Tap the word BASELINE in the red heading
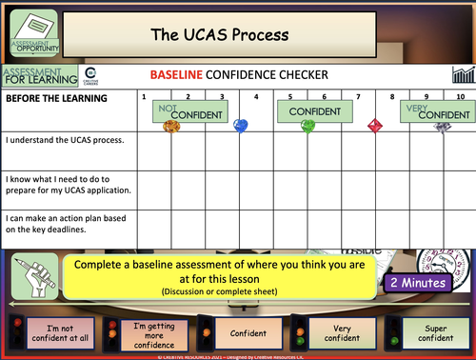(177, 74)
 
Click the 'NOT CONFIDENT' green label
(188, 111)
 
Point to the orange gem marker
(172, 126)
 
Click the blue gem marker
(241, 126)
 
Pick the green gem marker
(307, 126)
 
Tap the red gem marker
(373, 126)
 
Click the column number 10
(460, 97)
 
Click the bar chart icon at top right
(462, 74)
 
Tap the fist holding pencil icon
(29, 279)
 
